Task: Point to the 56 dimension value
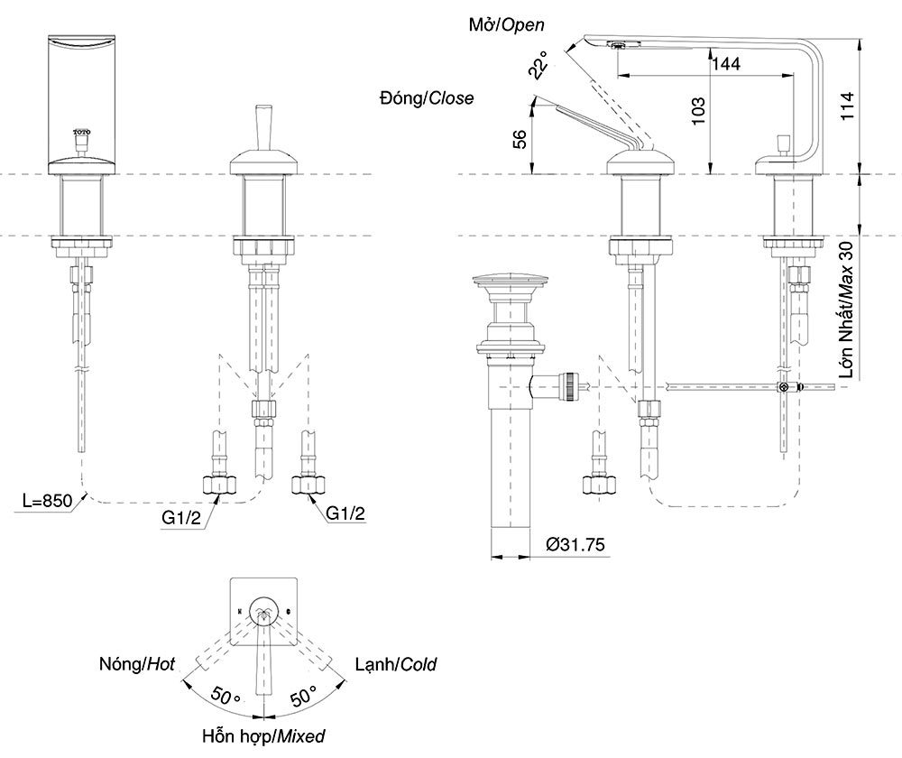coord(520,138)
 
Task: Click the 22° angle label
coord(538,65)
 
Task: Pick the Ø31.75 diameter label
coord(575,544)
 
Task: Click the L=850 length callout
coord(45,503)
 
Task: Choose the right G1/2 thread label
coord(346,513)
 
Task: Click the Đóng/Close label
coord(427,98)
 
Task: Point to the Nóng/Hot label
coord(137,665)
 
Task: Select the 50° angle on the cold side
coord(303,696)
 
